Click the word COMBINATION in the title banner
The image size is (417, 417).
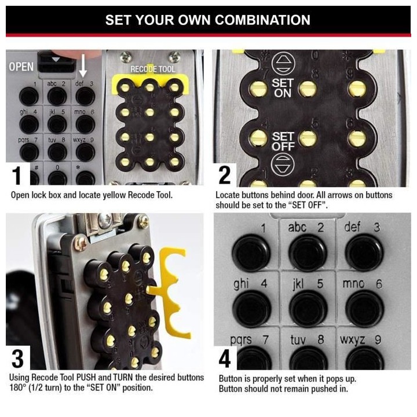pos(262,20)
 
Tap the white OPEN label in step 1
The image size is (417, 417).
pos(21,67)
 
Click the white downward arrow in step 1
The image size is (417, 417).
pos(83,65)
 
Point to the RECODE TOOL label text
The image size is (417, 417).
pos(153,69)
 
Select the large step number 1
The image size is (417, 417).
pos(17,175)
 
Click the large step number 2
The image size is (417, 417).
pos(225,175)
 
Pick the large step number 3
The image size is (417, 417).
pos(17,359)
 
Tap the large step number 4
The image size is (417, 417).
pos(225,359)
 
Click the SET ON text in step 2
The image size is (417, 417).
pos(283,88)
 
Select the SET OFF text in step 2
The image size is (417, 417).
pos(283,141)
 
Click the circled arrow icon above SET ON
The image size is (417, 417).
pos(283,64)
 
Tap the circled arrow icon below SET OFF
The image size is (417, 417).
pos(283,164)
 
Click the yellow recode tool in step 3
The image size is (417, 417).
pos(169,292)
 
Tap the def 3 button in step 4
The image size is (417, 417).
pos(364,253)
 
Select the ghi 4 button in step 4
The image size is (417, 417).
pos(251,309)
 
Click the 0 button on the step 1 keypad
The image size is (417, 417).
pos(57,178)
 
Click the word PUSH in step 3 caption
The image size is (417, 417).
pos(86,378)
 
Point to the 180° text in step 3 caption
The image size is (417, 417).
pos(17,387)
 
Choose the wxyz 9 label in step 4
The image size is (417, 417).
pos(360,339)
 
